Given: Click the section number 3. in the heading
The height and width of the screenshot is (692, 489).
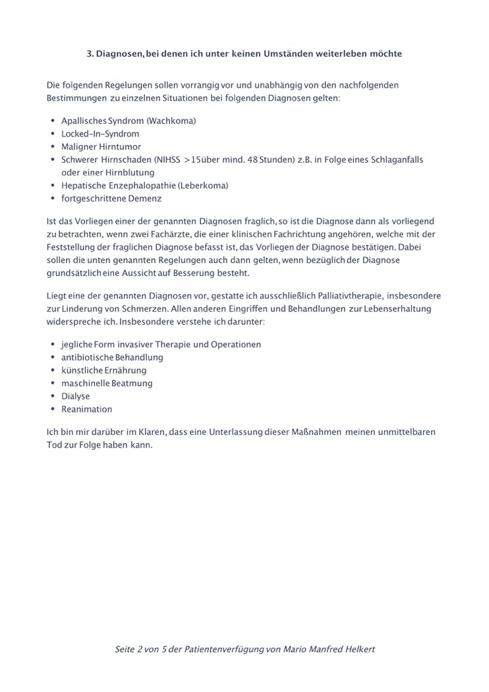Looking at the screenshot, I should click(x=90, y=54).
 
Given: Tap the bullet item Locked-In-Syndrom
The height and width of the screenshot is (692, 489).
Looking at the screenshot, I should click(x=100, y=134).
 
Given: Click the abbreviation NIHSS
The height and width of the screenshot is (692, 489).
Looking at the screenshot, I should click(x=165, y=159).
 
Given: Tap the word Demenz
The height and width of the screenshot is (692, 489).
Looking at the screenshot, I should click(x=146, y=198).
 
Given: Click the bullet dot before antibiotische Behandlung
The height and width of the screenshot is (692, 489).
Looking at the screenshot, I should click(x=53, y=357).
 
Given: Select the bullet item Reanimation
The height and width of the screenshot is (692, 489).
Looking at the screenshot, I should click(x=86, y=409).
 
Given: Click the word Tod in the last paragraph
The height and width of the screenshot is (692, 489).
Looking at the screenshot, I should click(x=54, y=445).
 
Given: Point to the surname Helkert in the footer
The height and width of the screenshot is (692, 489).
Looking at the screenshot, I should click(x=357, y=649).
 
